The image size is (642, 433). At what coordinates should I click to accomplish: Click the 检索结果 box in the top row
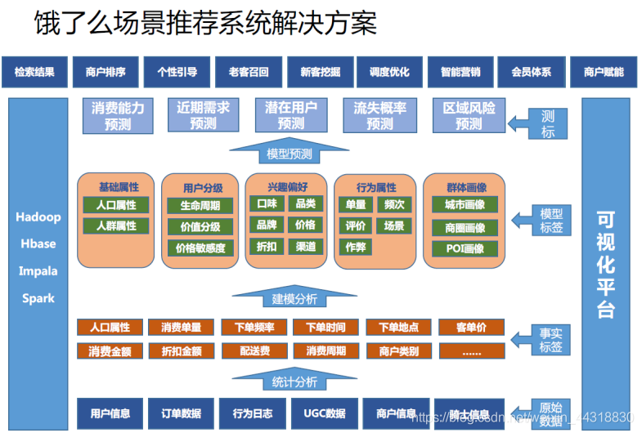pyautogui.click(x=34, y=72)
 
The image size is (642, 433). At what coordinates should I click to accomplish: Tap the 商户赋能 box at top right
pyautogui.click(x=604, y=72)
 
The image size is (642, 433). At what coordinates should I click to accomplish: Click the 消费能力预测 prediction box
pyautogui.click(x=118, y=115)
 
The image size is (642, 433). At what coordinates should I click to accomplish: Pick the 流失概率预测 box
pyautogui.click(x=379, y=115)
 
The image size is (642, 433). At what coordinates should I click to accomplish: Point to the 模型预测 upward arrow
pyautogui.click(x=290, y=151)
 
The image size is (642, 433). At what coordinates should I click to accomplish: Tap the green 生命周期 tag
pyautogui.click(x=200, y=205)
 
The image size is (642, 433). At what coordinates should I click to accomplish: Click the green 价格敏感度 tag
pyautogui.click(x=200, y=248)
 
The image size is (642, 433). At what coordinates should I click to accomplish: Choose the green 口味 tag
pyautogui.click(x=267, y=203)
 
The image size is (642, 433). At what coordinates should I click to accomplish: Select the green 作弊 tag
pyautogui.click(x=356, y=246)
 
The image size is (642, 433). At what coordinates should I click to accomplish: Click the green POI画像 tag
pyautogui.click(x=465, y=248)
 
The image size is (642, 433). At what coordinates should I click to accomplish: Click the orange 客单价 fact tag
pyautogui.click(x=472, y=328)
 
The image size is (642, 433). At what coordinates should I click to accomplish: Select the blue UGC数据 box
pyautogui.click(x=324, y=413)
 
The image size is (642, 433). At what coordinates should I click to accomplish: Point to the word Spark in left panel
pyautogui.click(x=38, y=298)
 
